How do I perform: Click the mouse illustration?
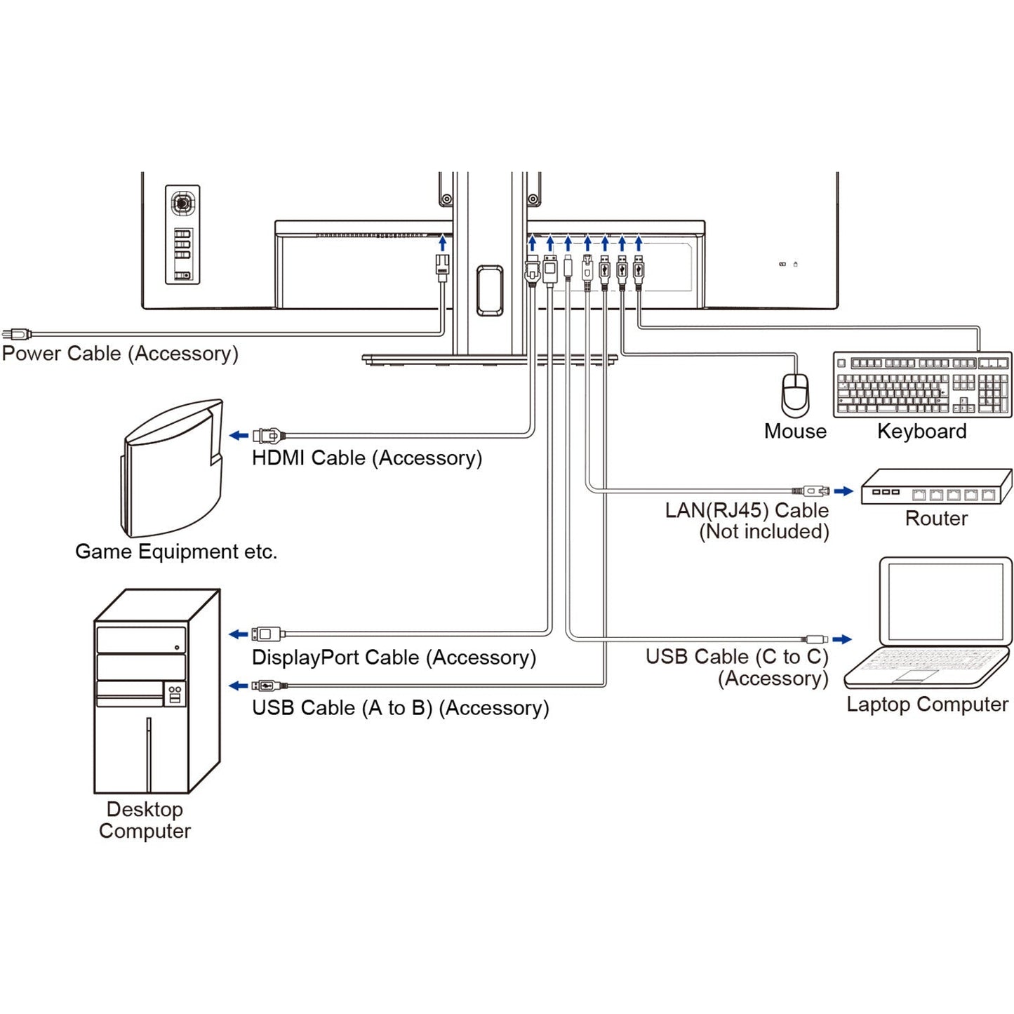795,395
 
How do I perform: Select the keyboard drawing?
923,385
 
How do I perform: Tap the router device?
936,487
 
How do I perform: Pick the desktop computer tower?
156,691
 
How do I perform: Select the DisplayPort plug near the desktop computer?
267,634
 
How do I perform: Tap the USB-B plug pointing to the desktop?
268,686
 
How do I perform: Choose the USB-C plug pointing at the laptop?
816,639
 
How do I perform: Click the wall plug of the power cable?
16,334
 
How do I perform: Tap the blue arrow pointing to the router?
843,491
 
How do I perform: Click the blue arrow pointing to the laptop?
842,639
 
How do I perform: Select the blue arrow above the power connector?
442,243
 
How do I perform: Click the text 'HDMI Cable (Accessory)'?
367,458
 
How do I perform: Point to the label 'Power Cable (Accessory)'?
120,354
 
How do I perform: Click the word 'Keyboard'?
921,432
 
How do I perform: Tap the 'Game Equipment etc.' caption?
176,552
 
